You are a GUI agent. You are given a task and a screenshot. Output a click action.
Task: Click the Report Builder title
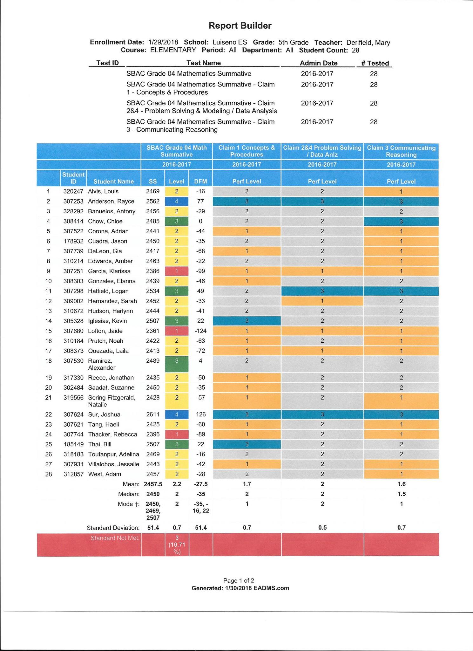point(240,26)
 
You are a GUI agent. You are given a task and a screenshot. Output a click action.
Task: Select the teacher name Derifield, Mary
point(368,43)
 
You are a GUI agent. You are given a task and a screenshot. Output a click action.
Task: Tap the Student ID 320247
point(73,191)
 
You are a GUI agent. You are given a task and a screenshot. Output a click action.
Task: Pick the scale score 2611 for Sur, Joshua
point(153,415)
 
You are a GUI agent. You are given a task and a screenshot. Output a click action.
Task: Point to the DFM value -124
point(200,331)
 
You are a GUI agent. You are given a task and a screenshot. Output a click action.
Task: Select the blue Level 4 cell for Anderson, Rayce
point(177,202)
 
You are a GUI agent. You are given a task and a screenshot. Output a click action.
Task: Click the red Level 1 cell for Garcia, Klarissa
point(177,271)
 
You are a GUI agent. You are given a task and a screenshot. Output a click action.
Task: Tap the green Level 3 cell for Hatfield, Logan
point(177,291)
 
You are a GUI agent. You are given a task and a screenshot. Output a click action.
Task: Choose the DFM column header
point(200,182)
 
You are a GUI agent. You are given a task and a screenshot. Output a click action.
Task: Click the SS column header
point(153,182)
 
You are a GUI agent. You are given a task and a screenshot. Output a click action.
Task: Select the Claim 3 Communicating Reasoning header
point(401,151)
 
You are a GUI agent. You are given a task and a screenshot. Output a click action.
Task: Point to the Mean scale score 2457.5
point(153,484)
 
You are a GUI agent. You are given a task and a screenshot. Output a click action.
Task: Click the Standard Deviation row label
point(113,528)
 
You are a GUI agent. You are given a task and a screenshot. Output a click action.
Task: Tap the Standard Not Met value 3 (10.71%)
point(177,545)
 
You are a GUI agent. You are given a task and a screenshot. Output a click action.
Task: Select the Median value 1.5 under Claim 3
point(401,494)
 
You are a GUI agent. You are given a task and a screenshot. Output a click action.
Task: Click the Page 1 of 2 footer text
point(239,580)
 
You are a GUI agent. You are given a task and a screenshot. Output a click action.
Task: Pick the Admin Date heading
point(318,63)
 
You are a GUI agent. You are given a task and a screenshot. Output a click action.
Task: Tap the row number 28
point(48,474)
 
